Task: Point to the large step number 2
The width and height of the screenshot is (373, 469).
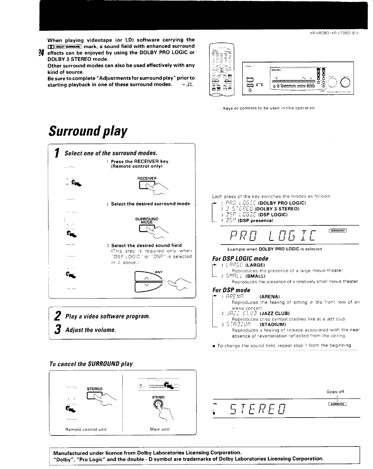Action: pyautogui.click(x=57, y=316)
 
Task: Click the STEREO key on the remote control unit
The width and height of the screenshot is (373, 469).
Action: pyautogui.click(x=94, y=396)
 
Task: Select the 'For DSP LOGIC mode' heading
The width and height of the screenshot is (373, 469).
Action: pyautogui.click(x=240, y=259)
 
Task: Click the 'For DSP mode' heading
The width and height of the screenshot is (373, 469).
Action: pyautogui.click(x=231, y=290)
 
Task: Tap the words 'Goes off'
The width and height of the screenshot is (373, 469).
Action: pyautogui.click(x=335, y=392)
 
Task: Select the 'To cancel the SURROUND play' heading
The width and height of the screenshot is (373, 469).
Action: pyautogui.click(x=91, y=364)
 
